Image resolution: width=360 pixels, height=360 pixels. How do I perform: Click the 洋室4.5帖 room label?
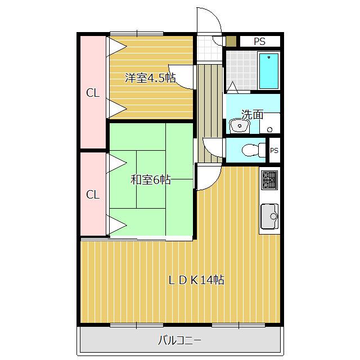[149, 78]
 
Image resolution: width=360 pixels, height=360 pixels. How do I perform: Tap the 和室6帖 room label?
[150, 180]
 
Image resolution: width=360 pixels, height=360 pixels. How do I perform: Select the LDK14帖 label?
[197, 280]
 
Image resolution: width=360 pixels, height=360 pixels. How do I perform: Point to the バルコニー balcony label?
[179, 340]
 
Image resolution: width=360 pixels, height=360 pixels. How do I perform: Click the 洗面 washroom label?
[252, 114]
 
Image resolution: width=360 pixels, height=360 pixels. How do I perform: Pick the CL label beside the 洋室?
[92, 93]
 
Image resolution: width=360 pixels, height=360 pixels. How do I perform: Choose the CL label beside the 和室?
[92, 195]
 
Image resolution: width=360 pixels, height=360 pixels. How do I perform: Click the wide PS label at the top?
[259, 41]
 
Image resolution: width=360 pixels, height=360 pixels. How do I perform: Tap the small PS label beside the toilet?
[274, 150]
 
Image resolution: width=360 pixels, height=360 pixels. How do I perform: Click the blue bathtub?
[269, 71]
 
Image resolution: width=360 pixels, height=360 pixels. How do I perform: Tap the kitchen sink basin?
[269, 216]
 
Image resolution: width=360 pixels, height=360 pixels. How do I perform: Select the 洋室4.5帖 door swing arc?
[183, 78]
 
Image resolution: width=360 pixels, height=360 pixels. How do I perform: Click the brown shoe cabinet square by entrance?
[231, 42]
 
